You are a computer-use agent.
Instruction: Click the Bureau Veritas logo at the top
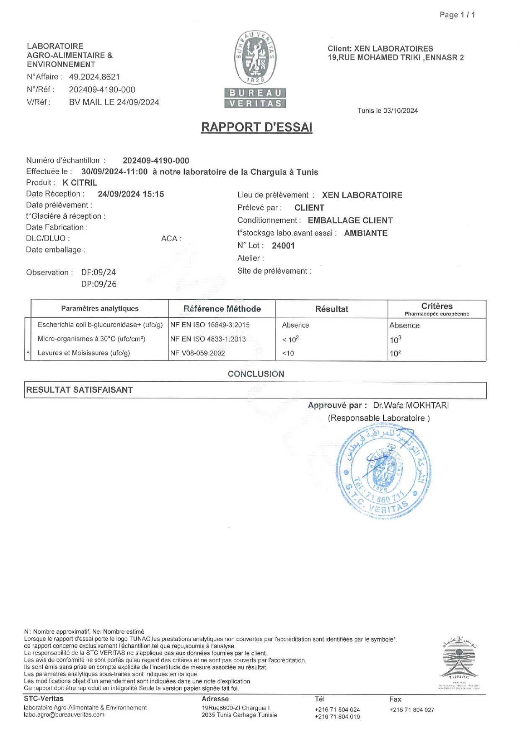(x=255, y=69)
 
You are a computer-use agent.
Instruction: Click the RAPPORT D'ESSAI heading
(x=256, y=127)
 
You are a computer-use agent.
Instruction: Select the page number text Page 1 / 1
(x=457, y=15)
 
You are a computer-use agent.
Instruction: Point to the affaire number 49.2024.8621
(x=94, y=77)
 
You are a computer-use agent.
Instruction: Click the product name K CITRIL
(x=80, y=183)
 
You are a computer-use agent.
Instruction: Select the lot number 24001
(x=283, y=246)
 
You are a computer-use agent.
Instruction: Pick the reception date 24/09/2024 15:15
(x=131, y=194)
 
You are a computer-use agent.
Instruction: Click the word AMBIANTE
(x=365, y=233)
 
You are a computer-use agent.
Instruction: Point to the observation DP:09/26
(x=99, y=284)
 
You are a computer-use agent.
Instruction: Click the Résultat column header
(x=331, y=309)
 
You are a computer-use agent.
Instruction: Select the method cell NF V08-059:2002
(x=197, y=353)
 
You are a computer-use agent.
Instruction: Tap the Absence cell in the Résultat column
(x=295, y=325)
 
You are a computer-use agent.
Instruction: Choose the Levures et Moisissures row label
(x=84, y=353)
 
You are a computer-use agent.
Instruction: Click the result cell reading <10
(x=288, y=353)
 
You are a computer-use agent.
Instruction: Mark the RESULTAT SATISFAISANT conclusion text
(x=79, y=390)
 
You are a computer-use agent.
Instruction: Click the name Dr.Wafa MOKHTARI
(x=411, y=405)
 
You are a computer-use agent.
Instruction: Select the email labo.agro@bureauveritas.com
(x=64, y=715)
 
